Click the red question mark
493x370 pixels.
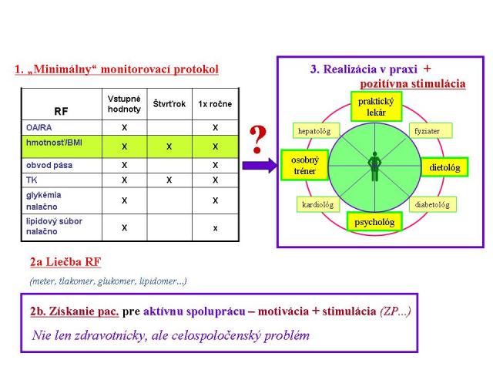(258, 140)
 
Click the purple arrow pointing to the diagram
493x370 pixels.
(260, 166)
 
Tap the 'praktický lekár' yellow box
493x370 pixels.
(376, 106)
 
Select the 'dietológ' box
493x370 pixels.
(444, 167)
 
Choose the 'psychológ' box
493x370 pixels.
(374, 222)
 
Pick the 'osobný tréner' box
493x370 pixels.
(305, 165)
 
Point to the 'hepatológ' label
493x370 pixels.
(316, 130)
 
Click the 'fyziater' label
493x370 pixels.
(431, 130)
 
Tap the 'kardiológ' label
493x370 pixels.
(318, 204)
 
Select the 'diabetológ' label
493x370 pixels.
(433, 204)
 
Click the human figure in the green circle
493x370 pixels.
(374, 166)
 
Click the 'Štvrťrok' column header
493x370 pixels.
(169, 104)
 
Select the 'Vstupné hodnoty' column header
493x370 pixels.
(124, 104)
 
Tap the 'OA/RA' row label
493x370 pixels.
(39, 127)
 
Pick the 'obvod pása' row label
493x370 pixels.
(49, 165)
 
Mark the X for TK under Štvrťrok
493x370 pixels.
(169, 180)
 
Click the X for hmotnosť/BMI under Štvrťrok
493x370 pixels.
(169, 146)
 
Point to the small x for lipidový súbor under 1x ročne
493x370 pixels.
(216, 228)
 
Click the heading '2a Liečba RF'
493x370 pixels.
(65, 262)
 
